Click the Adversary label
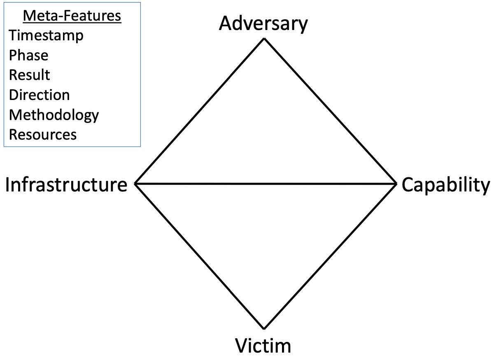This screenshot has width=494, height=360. [x=263, y=24]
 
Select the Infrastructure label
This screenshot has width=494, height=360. [x=66, y=185]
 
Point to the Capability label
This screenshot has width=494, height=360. [x=446, y=185]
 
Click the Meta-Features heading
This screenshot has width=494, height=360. [x=72, y=16]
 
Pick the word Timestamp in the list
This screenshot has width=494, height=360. [x=46, y=35]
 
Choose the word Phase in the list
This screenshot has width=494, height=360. [x=29, y=56]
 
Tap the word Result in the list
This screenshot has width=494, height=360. [x=30, y=75]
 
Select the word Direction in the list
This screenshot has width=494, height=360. [x=40, y=95]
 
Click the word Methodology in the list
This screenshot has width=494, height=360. [x=54, y=115]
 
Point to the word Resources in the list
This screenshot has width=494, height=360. [x=43, y=135]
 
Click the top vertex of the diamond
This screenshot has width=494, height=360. [x=264, y=39]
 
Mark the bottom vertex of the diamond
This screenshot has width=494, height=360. [x=264, y=328]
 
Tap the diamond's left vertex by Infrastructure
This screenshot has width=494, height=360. [x=136, y=183]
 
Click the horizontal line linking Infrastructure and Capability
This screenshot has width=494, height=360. [x=266, y=183]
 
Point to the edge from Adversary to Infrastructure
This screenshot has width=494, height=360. [x=200, y=111]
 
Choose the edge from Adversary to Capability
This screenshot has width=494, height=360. [x=329, y=111]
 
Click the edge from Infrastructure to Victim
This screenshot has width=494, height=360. [x=200, y=256]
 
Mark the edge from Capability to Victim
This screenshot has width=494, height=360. [x=329, y=256]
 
